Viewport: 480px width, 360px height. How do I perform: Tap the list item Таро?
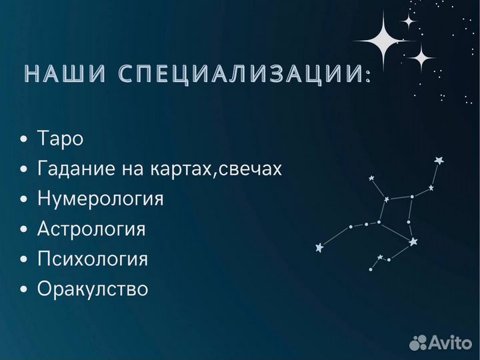pos(60,139)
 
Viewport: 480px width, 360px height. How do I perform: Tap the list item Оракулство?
pos(93,289)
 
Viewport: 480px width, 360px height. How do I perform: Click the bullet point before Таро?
pos(25,140)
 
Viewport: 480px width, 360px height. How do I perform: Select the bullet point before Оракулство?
pos(25,290)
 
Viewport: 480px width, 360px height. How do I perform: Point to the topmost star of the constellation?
pos(438,160)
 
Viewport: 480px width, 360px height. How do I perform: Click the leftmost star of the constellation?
pos(319,247)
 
